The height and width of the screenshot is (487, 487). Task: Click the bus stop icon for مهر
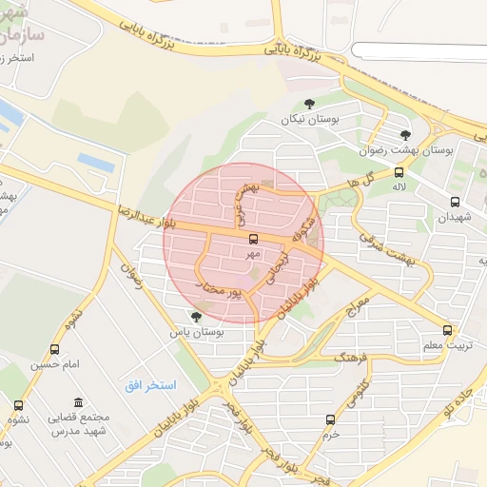coord(253,240)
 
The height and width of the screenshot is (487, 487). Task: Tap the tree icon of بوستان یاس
coord(196,317)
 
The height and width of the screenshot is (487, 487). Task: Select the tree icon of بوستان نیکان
coord(308,105)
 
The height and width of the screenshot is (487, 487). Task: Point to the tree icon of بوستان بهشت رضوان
coord(406,135)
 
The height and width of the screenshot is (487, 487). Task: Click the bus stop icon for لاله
coord(398,173)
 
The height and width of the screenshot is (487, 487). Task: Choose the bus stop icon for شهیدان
coord(455,202)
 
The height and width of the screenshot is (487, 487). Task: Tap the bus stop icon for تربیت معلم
coord(447,330)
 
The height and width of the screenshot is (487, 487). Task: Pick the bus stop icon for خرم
coord(330,419)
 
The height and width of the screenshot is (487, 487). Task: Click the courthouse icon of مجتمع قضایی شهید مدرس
coord(77,402)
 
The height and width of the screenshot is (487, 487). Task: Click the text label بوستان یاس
coord(196,333)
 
